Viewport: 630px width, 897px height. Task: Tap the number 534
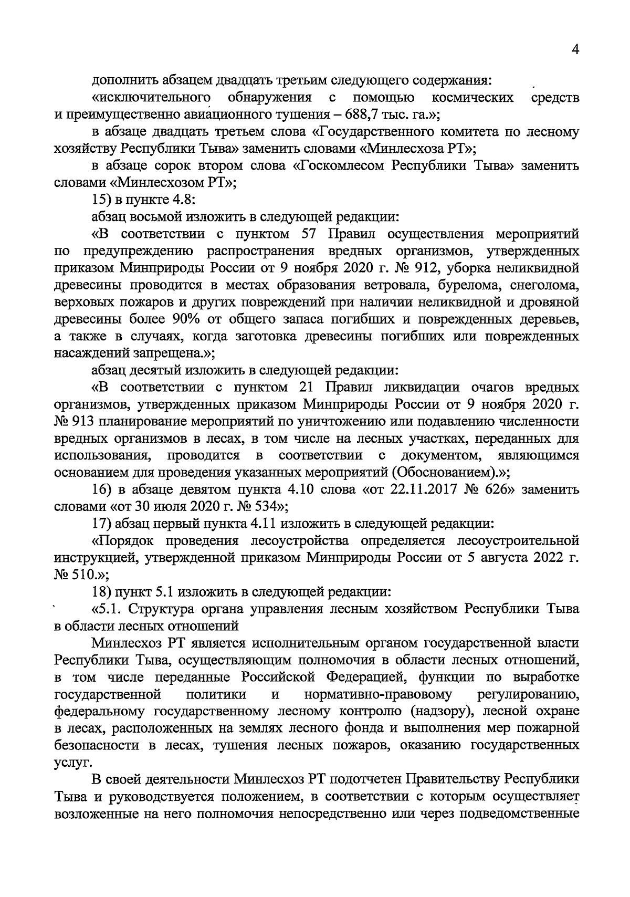[x=262, y=507]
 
